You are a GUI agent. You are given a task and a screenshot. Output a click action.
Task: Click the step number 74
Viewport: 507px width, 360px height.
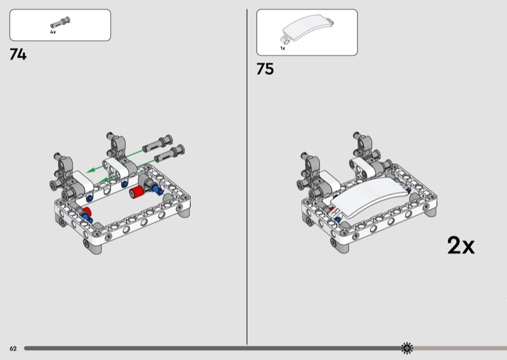pos(18,55)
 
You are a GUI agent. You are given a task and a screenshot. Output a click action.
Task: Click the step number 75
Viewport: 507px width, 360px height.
pos(265,69)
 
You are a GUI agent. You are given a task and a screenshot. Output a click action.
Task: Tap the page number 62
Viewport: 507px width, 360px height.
pos(13,349)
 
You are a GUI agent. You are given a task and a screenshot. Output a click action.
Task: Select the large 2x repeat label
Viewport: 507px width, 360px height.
pos(461,245)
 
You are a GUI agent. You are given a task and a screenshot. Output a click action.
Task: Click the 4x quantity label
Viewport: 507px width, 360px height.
pos(53,32)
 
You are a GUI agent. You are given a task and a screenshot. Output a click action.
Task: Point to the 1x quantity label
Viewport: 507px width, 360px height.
pos(283,48)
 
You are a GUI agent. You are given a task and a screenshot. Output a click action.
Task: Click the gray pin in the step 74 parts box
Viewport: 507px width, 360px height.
pos(60,22)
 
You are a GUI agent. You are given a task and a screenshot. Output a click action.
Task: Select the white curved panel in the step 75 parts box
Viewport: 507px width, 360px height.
pos(307,29)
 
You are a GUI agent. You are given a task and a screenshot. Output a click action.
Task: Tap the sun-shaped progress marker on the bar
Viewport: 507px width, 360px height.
pos(407,348)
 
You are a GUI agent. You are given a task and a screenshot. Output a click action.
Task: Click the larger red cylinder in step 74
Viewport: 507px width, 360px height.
pos(136,192)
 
